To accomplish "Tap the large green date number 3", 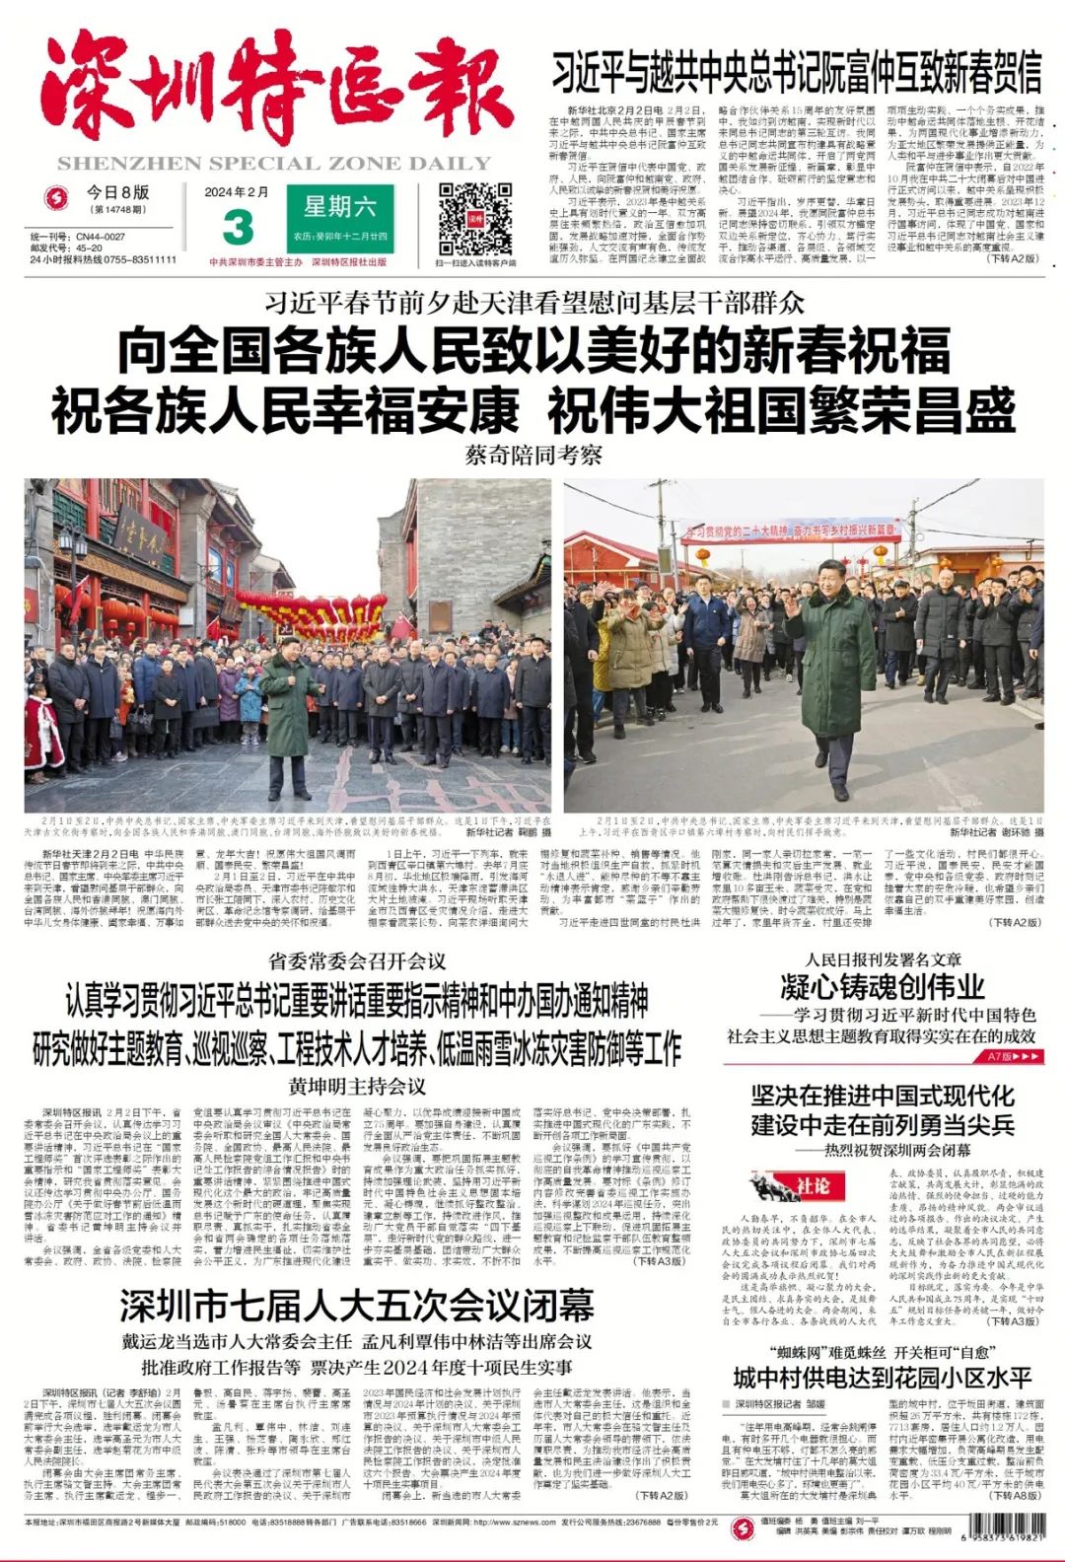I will tap(238, 227).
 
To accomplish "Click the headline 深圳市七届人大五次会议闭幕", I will tap(356, 1306).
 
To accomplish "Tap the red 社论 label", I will tap(812, 1186).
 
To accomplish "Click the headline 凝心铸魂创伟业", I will tap(882, 986).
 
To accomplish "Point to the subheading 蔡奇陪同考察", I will tap(533, 456).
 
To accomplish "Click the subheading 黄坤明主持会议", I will tap(357, 1087).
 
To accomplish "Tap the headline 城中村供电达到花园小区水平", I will tap(882, 1378).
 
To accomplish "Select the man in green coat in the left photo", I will tap(289, 705).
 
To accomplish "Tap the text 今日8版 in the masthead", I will tap(117, 192).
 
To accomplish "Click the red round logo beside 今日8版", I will tap(59, 199).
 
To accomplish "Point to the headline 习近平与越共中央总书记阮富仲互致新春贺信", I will tap(796, 72).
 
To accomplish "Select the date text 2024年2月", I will tap(237, 192).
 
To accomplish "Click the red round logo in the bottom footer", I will tap(743, 1528).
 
